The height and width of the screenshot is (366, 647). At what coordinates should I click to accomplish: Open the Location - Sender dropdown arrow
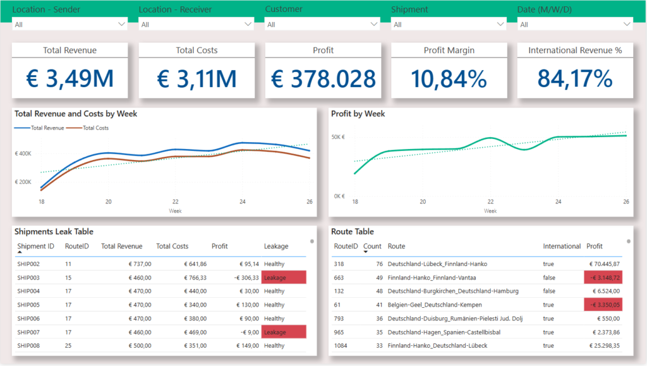tap(121, 24)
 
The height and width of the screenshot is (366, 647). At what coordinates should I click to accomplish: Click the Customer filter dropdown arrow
tap(374, 24)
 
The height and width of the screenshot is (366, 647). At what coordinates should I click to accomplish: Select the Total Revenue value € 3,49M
tap(70, 78)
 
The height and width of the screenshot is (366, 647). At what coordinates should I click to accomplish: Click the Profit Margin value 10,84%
tap(449, 78)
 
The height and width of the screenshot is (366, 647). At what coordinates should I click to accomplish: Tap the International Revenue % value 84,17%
tap(575, 78)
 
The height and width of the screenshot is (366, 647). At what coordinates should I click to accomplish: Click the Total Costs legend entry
tap(87, 128)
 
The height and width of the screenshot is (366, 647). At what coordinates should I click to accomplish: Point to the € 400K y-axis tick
tap(23, 154)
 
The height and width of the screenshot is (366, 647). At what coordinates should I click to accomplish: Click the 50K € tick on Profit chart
tap(338, 137)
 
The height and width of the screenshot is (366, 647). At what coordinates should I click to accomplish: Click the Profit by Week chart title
tap(358, 114)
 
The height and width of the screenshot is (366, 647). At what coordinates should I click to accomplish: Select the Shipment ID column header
tap(35, 247)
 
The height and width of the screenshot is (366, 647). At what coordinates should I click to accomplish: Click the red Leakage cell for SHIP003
tap(284, 278)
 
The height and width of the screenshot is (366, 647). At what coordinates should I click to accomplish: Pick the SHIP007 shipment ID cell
tap(28, 332)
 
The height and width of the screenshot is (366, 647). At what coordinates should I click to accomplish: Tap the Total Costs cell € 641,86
tap(195, 264)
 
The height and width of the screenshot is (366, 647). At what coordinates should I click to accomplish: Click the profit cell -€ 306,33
tap(246, 278)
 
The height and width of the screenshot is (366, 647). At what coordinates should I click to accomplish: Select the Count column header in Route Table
tap(372, 247)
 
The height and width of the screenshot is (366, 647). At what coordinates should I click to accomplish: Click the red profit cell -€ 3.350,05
tap(603, 305)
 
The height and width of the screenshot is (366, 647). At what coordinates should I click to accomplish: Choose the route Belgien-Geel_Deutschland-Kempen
tap(435, 305)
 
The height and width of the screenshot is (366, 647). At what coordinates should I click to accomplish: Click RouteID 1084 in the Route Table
tap(341, 346)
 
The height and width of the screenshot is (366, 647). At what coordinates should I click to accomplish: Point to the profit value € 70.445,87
tap(605, 264)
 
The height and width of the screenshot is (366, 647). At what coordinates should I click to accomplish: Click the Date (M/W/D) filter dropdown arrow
tap(627, 24)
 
